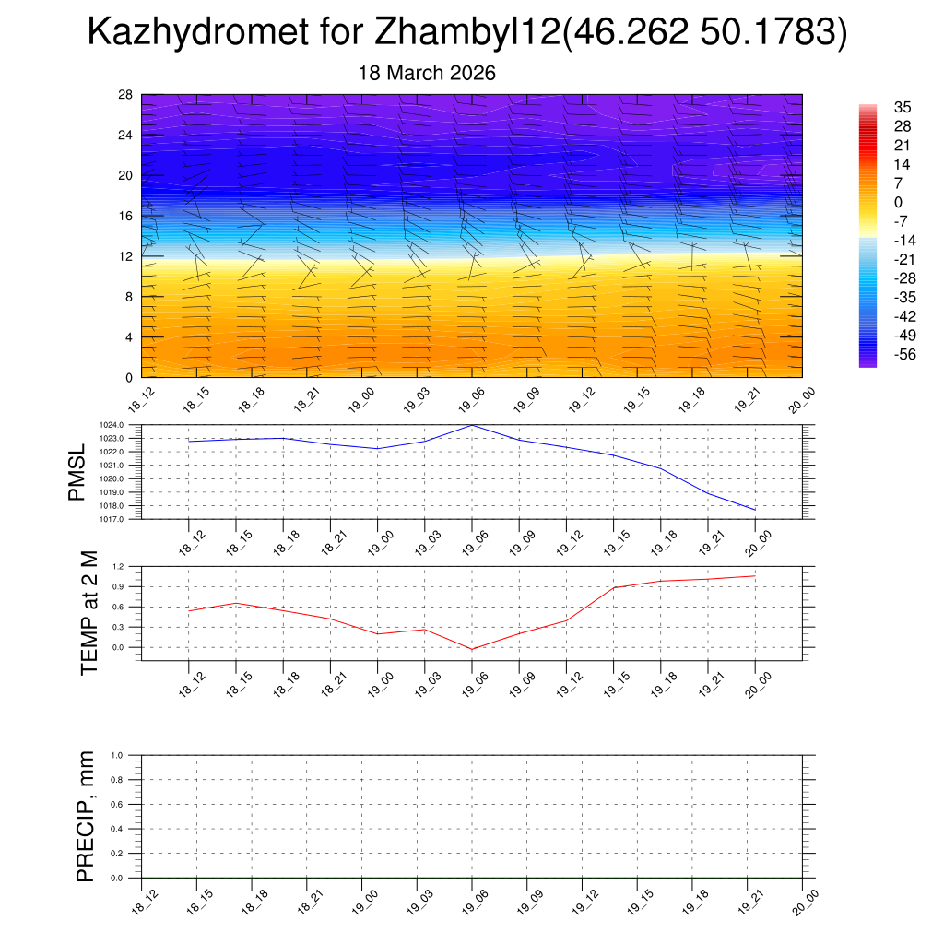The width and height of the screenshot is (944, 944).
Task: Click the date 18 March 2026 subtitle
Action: pyautogui.click(x=427, y=73)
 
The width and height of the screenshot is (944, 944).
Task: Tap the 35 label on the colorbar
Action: pyautogui.click(x=903, y=107)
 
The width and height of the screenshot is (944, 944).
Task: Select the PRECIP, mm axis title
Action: pyautogui.click(x=86, y=816)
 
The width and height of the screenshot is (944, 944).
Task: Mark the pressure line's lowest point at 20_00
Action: pyautogui.click(x=755, y=510)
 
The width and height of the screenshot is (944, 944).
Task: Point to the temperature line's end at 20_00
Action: pyautogui.click(x=755, y=576)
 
